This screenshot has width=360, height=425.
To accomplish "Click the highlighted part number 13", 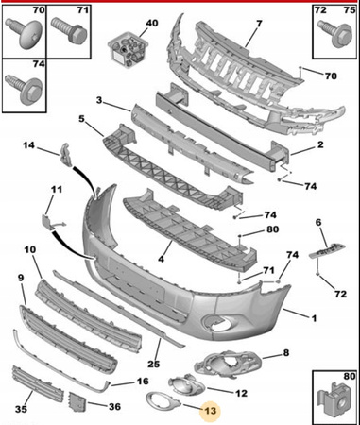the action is [x=211, y=411].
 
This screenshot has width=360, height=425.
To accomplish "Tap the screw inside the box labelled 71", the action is [x=70, y=30].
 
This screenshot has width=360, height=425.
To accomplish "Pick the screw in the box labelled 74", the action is [x=25, y=90].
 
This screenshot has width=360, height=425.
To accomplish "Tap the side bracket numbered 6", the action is [x=327, y=250].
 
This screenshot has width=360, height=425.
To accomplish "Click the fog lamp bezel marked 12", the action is [x=186, y=384].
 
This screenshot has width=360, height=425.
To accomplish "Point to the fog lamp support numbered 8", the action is [x=228, y=365].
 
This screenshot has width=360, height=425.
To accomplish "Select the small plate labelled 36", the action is [x=77, y=401].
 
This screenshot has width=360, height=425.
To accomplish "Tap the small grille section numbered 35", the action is [x=38, y=384].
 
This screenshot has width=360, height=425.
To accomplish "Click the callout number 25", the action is [x=154, y=364].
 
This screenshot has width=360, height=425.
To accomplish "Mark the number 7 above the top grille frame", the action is [x=259, y=24].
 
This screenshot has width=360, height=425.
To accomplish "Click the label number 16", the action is [x=143, y=382].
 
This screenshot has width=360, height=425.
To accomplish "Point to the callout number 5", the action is [x=81, y=120].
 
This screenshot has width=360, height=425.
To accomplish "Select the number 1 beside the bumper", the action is [x=314, y=318].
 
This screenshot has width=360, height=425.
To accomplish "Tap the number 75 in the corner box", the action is [x=350, y=10].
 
